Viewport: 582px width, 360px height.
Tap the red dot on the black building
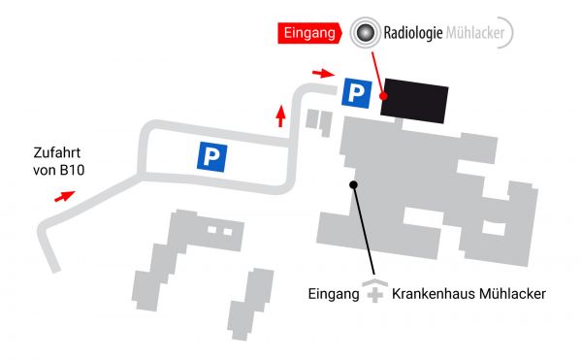384,96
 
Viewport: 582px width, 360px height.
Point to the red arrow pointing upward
281,116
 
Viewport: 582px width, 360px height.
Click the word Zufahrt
58,153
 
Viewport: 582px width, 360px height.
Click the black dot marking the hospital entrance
354,183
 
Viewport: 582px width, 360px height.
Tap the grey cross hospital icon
374,293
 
